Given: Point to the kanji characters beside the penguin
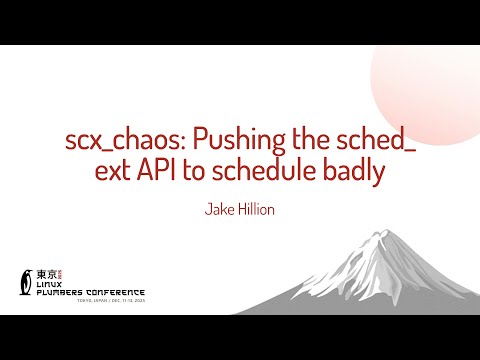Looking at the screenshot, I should click(46, 273).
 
